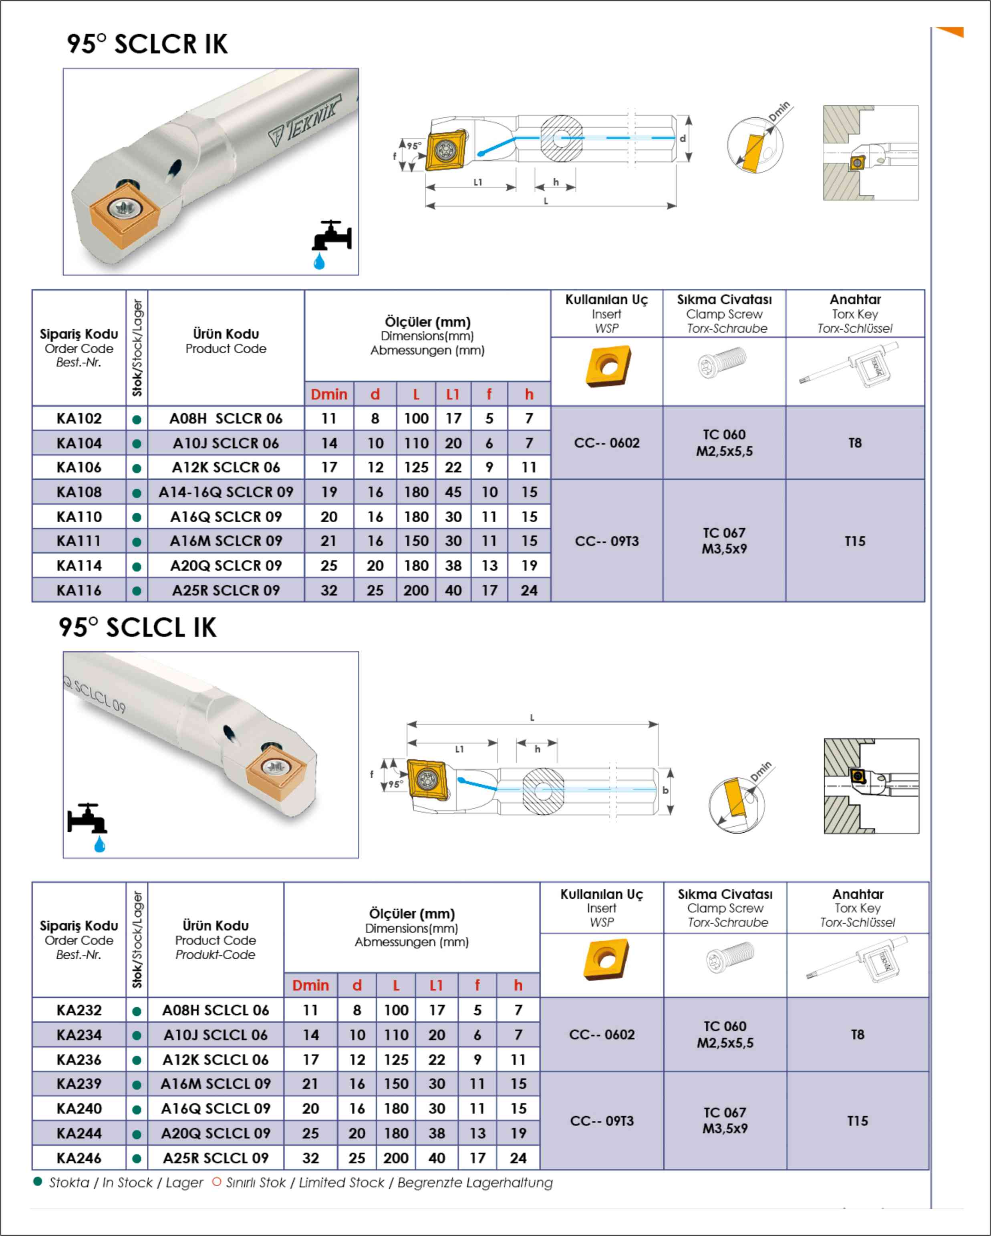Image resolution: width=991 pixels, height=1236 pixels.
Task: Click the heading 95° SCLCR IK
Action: point(147,44)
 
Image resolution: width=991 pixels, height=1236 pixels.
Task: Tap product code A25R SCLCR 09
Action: point(226,590)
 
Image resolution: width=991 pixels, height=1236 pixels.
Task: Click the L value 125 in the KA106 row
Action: point(416,467)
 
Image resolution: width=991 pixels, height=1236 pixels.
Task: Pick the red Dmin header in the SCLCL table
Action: point(310,985)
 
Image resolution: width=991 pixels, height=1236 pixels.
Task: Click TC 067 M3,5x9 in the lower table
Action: point(725,1120)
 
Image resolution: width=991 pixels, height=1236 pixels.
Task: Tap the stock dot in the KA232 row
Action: point(137,1011)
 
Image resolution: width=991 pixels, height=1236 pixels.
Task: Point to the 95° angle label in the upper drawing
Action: point(413,146)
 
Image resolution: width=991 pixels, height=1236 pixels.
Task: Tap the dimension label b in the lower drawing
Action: point(665,790)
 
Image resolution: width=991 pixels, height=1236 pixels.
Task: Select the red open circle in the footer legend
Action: point(217,1182)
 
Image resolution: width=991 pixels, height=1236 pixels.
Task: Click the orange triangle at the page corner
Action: point(952,32)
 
